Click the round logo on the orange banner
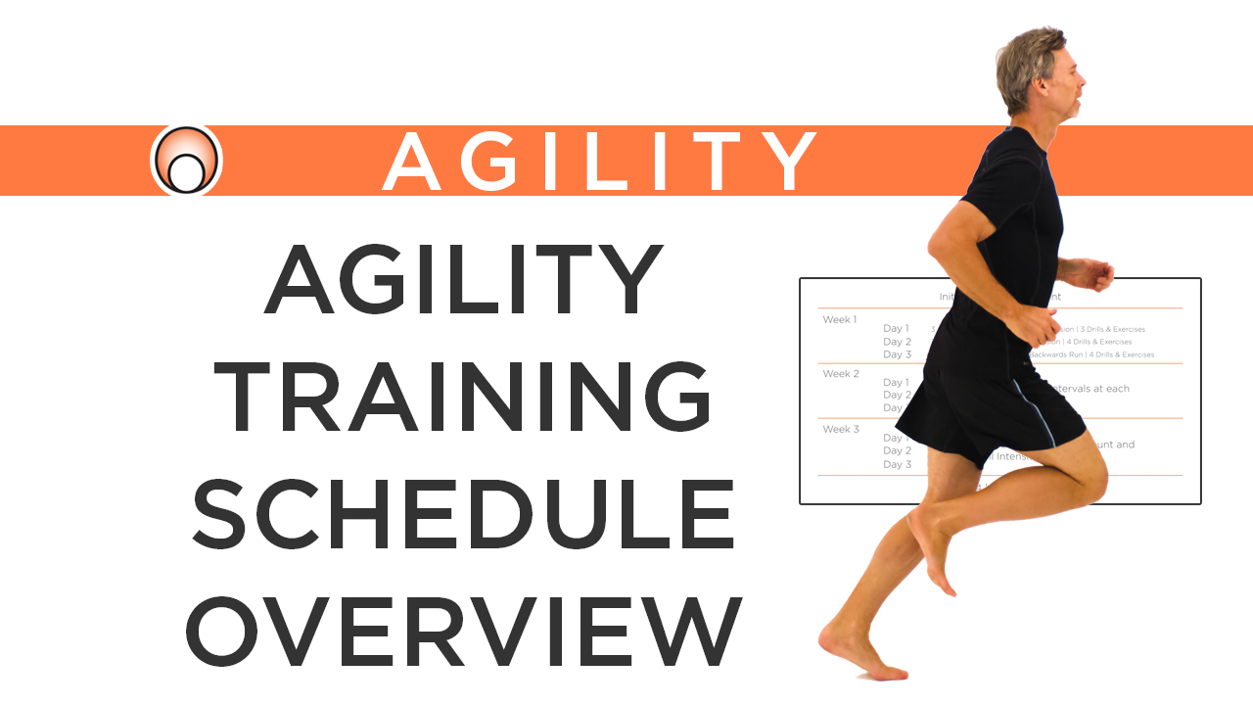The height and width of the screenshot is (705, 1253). (x=186, y=160)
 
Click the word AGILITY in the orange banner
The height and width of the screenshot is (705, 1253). (x=599, y=161)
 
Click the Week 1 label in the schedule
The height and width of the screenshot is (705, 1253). (x=840, y=319)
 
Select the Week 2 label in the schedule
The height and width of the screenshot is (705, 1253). (x=841, y=374)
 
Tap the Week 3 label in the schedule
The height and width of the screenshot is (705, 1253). (x=841, y=429)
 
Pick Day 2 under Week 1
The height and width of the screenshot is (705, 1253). (x=897, y=342)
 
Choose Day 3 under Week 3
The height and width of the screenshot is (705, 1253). (x=897, y=464)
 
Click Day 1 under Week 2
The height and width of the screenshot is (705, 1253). (x=897, y=382)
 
